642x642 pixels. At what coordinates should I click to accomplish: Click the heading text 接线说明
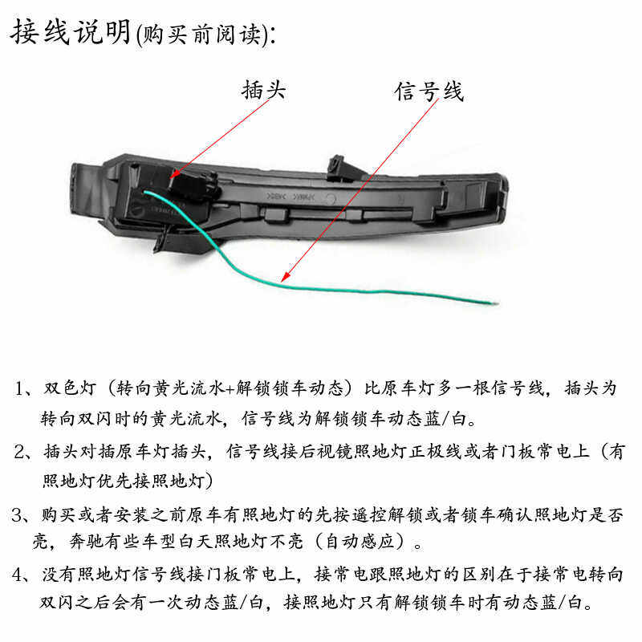[x=71, y=33]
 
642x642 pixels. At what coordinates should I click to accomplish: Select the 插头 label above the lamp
[x=263, y=90]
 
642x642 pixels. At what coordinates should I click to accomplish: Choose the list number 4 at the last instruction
[x=19, y=575]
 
